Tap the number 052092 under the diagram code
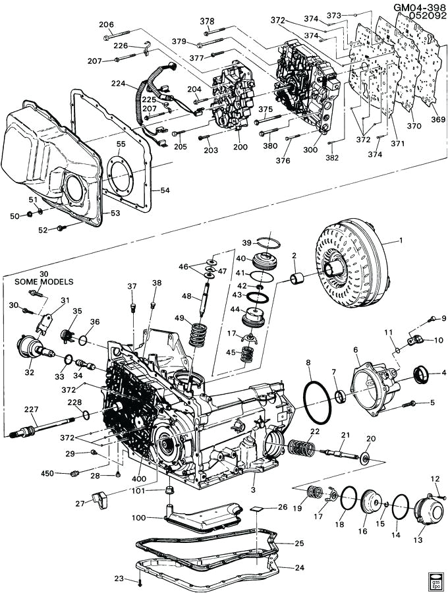click(x=422, y=16)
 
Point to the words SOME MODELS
click(x=44, y=281)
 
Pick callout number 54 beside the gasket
click(x=165, y=190)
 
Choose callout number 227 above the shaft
click(x=31, y=409)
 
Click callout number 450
click(x=47, y=473)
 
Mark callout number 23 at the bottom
click(x=119, y=579)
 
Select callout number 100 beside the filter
click(x=138, y=518)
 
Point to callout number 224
click(x=118, y=84)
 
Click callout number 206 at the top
click(x=106, y=24)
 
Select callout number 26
click(x=282, y=507)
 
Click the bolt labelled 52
click(x=61, y=228)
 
